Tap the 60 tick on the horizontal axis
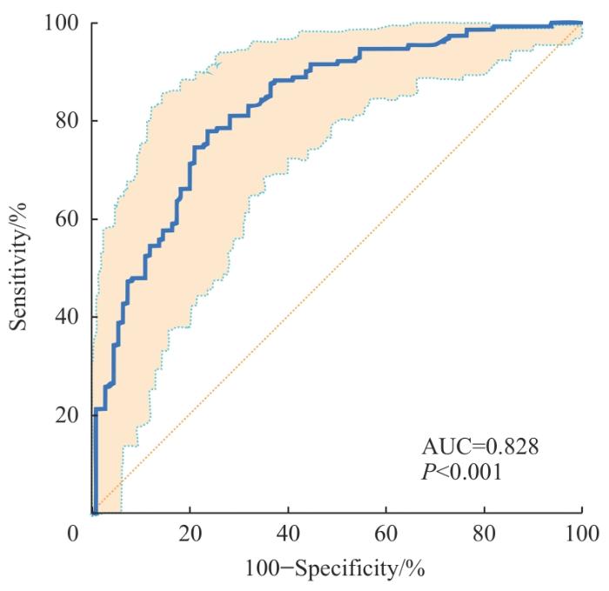[385, 532]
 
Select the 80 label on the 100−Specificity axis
[484, 532]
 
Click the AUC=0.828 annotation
[481, 448]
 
